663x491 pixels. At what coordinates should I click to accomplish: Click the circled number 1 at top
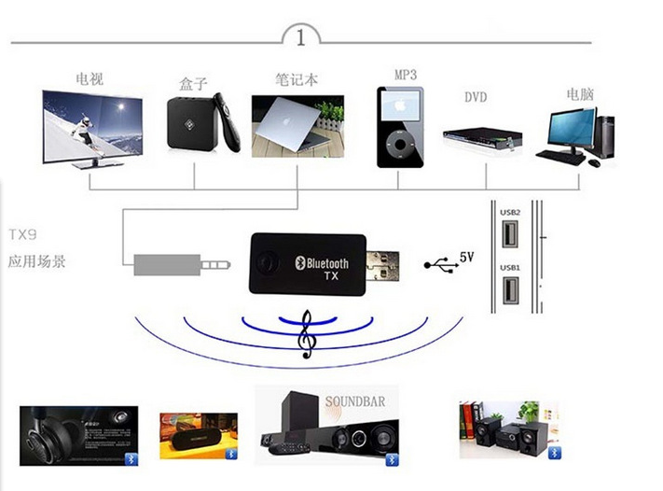pos(300,38)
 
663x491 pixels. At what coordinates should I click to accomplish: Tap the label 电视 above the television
pos(90,79)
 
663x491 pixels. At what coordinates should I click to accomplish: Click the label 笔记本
pos(297,79)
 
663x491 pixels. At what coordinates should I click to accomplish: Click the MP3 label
pos(406,74)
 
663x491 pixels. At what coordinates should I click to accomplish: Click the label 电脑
pos(580,94)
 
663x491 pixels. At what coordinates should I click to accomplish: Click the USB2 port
pos(510,236)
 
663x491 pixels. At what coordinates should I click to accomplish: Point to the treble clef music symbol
pos(305,336)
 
